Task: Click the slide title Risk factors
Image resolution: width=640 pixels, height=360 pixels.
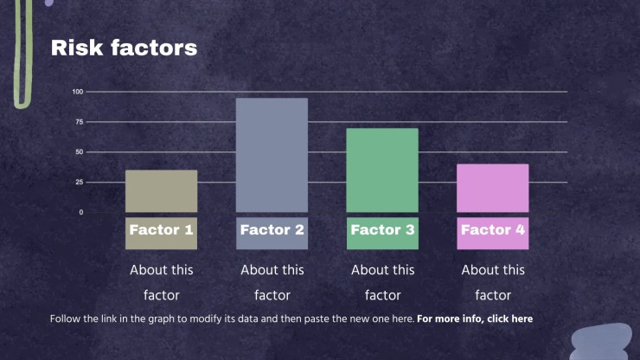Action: (124, 48)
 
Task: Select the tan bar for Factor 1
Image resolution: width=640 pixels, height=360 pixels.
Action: (161, 191)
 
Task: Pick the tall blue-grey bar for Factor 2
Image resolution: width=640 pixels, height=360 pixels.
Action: (272, 155)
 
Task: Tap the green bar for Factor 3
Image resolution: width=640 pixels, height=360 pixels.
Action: (382, 170)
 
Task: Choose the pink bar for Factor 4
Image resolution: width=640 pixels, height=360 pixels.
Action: (493, 188)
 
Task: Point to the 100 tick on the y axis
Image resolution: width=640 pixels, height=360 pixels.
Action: (78, 92)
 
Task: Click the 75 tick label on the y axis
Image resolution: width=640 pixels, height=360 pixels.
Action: (80, 122)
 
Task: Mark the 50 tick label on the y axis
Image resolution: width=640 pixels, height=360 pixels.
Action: (80, 152)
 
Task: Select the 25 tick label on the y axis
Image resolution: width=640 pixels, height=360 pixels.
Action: (80, 182)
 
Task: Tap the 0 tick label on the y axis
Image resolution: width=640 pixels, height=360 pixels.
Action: (80, 212)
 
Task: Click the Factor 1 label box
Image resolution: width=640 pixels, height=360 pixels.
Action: (161, 234)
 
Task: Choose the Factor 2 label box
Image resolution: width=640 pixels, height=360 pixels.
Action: (272, 234)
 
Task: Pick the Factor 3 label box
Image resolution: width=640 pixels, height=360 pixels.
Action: (382, 234)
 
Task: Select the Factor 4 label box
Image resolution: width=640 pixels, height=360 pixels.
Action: (493, 234)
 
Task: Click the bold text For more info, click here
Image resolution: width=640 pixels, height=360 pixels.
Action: (475, 318)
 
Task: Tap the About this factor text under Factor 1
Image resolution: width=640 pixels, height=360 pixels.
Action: (161, 282)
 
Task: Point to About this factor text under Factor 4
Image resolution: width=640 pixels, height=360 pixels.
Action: (493, 282)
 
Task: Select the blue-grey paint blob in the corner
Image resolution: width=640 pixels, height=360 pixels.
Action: (600, 343)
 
